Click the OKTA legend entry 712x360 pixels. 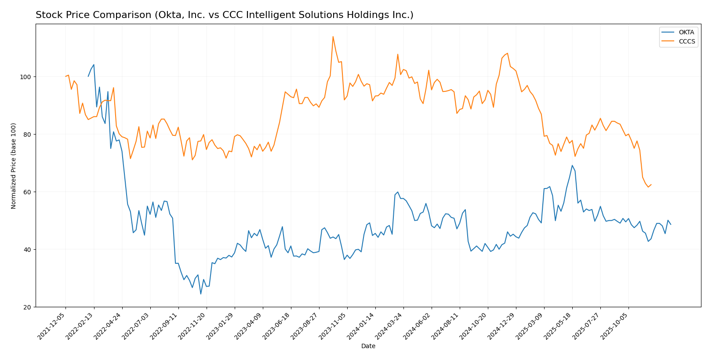pyautogui.click(x=686, y=33)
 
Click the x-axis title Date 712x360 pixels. pyautogui.click(x=368, y=346)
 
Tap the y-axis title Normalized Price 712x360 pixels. pyautogui.click(x=14, y=166)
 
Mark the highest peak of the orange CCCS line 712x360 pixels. pyautogui.click(x=333, y=36)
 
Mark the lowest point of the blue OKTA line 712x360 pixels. pyautogui.click(x=201, y=294)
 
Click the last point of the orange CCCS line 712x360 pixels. pyautogui.click(x=651, y=185)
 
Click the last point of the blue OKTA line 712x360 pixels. pyautogui.click(x=671, y=225)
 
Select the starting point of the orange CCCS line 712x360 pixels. pyautogui.click(x=65, y=76)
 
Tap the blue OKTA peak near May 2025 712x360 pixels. pyautogui.click(x=572, y=166)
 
